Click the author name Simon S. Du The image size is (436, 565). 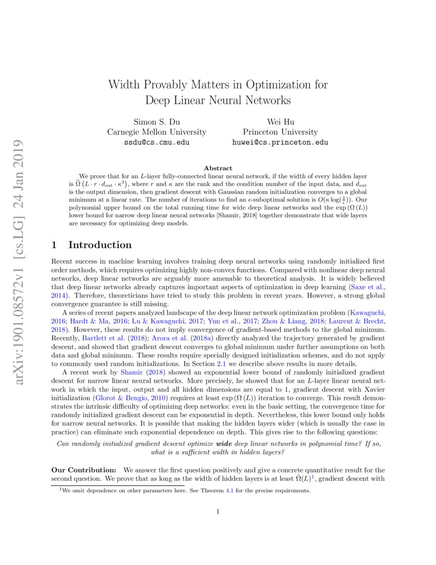click(156, 122)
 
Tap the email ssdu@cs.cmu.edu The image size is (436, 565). click(156, 142)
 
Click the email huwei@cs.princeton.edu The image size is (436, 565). click(280, 142)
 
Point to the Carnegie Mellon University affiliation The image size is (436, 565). click(156, 132)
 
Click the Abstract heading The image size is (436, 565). click(218, 168)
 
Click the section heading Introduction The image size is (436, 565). click(100, 245)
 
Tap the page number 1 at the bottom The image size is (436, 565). click(218, 511)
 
